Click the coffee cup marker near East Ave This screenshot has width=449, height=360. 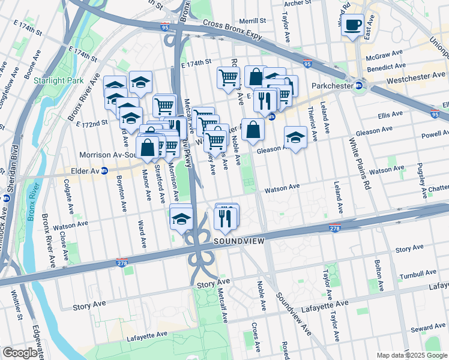[x=354, y=25]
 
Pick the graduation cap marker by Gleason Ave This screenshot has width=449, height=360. [x=295, y=137]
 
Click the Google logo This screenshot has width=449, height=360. [x=20, y=353]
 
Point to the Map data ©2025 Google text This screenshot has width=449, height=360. [x=411, y=355]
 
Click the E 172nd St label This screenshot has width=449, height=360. [x=91, y=123]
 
